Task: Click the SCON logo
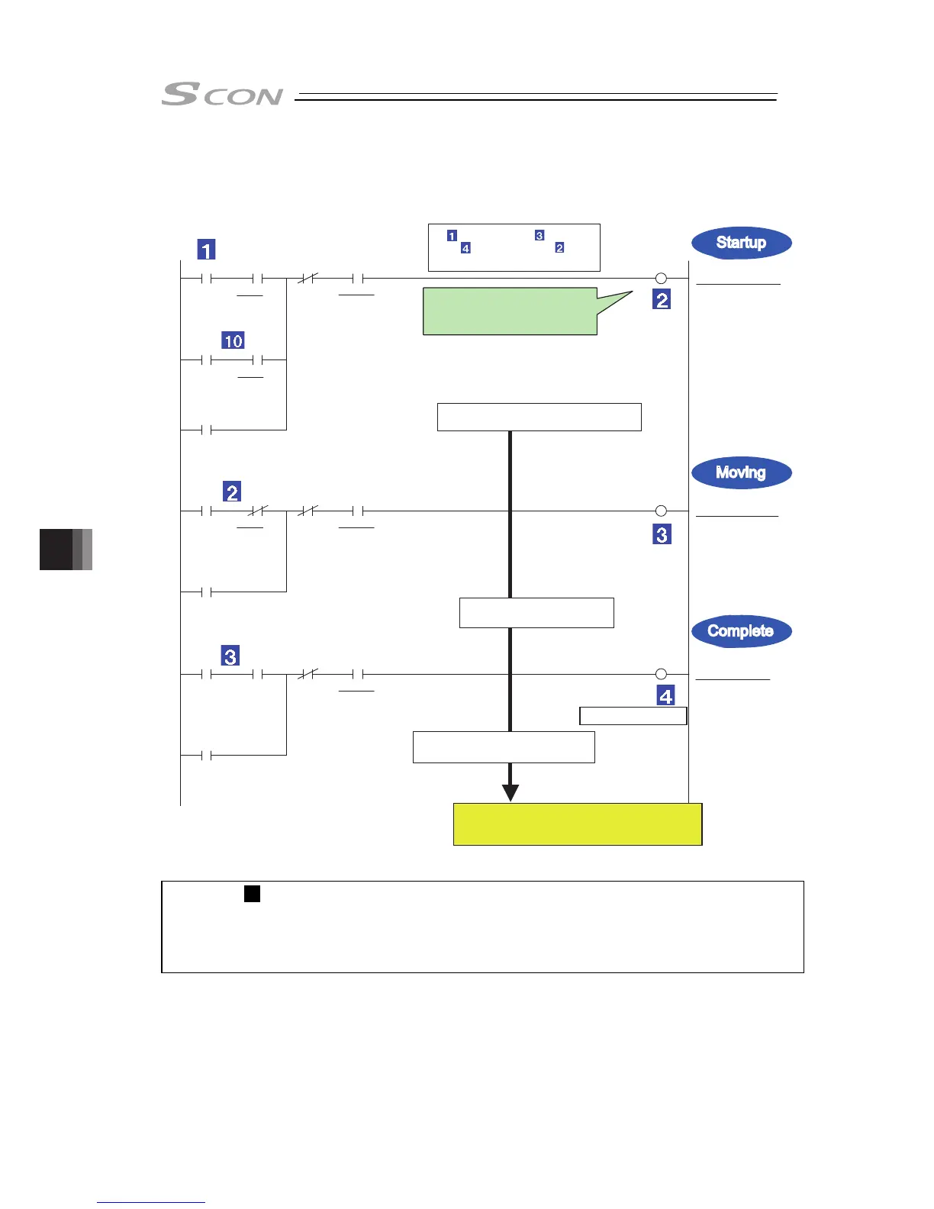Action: pos(221,95)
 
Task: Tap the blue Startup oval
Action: pos(741,243)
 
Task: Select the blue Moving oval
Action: pos(741,472)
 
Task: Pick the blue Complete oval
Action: pos(741,631)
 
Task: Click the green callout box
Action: pos(510,311)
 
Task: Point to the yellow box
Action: pos(577,824)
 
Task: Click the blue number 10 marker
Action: pos(233,340)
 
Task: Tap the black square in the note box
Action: pos(252,893)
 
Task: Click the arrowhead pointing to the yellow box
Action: pos(510,792)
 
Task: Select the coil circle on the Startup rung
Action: pos(662,279)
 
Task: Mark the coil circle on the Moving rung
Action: pos(662,511)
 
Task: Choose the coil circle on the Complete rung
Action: pos(662,674)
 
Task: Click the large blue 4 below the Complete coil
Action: pos(665,695)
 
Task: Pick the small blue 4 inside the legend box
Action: pos(465,248)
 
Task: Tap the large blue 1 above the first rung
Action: pos(206,250)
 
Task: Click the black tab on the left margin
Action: pos(66,550)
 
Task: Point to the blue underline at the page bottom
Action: pos(151,1202)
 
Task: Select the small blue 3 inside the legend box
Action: pos(539,236)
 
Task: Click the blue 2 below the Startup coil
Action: pos(662,300)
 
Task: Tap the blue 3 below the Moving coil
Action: pos(662,534)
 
